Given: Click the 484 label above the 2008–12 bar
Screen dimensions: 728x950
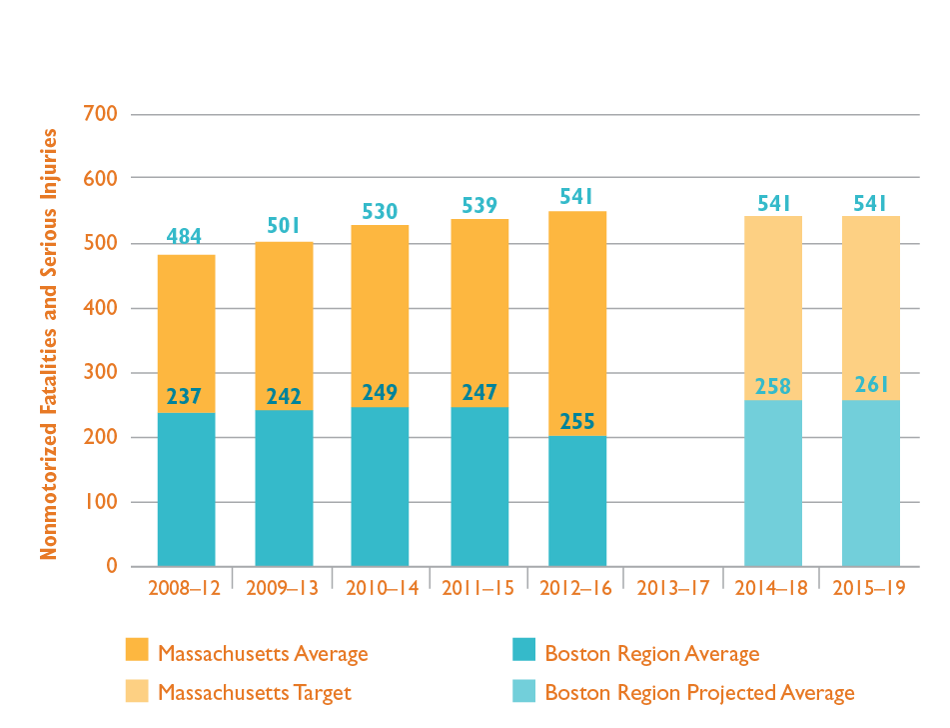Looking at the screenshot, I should (184, 237).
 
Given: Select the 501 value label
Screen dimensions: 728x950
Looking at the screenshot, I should (284, 225).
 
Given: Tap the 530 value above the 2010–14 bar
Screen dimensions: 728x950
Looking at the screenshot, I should (380, 211).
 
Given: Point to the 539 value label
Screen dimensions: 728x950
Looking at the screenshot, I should (479, 205).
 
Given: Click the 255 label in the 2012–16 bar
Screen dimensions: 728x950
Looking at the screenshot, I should (577, 421).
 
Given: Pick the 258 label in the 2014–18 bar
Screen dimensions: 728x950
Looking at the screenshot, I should (773, 385).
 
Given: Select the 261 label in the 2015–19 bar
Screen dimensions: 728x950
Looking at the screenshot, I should (870, 385).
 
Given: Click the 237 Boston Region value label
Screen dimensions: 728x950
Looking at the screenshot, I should (184, 397).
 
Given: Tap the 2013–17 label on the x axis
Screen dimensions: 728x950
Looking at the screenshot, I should (674, 588).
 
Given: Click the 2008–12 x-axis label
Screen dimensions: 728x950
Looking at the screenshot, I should (185, 588).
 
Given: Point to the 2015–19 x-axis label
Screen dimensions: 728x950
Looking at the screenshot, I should (870, 588).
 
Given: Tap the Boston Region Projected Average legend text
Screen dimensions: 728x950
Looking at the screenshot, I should (699, 692).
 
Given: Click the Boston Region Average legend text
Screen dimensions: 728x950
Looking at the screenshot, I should (651, 654).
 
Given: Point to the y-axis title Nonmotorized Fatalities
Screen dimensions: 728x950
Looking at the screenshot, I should (49, 345).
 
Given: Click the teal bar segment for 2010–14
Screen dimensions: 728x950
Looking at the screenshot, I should (380, 486).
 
